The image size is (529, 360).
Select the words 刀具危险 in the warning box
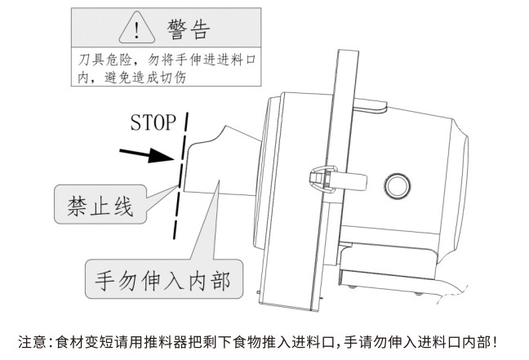coord(104,60)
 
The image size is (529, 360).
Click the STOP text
coord(153,123)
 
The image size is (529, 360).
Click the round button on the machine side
coord(398,181)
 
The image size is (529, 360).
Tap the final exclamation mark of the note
coord(493,340)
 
